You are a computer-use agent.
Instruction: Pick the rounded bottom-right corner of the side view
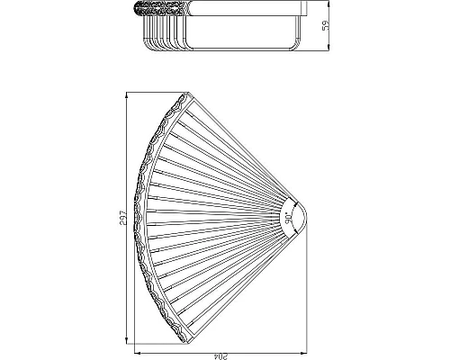click(x=297, y=43)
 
